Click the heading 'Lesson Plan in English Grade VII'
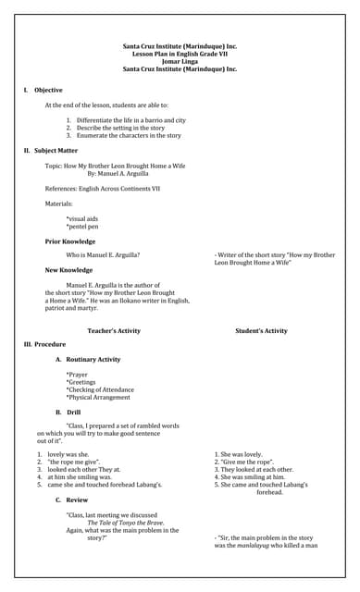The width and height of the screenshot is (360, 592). click(180, 54)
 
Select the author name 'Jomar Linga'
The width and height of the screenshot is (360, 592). click(180, 61)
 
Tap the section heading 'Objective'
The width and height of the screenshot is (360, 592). click(48, 90)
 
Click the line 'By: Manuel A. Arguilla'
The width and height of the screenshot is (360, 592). click(118, 173)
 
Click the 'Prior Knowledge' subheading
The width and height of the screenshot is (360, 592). click(70, 241)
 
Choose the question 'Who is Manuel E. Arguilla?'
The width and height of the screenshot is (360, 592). click(103, 254)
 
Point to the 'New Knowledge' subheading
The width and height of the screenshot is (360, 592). click(68, 270)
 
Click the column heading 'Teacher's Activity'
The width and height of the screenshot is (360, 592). click(114, 330)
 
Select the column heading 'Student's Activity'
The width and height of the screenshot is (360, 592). click(261, 330)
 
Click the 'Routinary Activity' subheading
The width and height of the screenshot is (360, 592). click(93, 359)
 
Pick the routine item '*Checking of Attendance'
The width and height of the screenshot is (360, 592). click(100, 389)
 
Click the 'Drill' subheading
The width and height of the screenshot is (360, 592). click(73, 412)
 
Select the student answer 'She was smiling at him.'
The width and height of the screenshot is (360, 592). click(249, 476)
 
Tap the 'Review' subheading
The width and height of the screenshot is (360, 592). click(77, 499)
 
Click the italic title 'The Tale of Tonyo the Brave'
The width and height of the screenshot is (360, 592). click(126, 523)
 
